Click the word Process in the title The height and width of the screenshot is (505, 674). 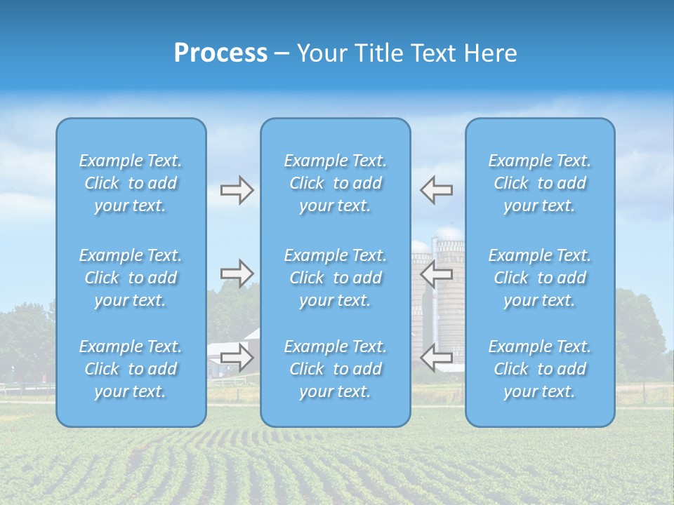pyautogui.click(x=220, y=53)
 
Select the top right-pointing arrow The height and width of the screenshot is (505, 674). pyautogui.click(x=237, y=190)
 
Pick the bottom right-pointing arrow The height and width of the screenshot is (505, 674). pyautogui.click(x=237, y=358)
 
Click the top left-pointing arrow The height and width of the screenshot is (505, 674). pyautogui.click(x=437, y=190)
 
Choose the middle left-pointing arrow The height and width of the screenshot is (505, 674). pyautogui.click(x=437, y=274)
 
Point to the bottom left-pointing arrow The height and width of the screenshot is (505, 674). pyautogui.click(x=437, y=358)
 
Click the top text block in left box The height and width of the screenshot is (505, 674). pyautogui.click(x=131, y=183)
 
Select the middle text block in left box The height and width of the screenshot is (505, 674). pyautogui.click(x=131, y=278)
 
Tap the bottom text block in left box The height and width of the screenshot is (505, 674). pyautogui.click(x=131, y=369)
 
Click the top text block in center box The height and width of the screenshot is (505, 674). pyautogui.click(x=336, y=183)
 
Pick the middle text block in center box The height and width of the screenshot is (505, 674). pyautogui.click(x=336, y=278)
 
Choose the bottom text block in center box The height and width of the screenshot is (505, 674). pyautogui.click(x=336, y=369)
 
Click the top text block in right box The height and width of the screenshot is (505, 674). pyautogui.click(x=540, y=183)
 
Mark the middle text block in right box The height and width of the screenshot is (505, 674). pyautogui.click(x=540, y=278)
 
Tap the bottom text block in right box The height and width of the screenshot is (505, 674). pyautogui.click(x=540, y=369)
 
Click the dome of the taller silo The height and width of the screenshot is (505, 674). pyautogui.click(x=449, y=232)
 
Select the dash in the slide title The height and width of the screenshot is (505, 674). pyautogui.click(x=282, y=54)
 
